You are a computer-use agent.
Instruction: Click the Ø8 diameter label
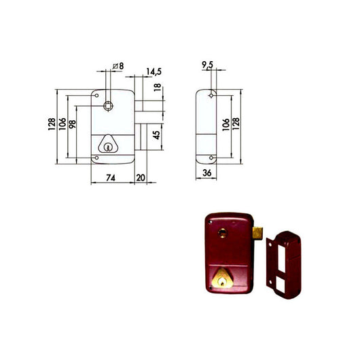point(118,66)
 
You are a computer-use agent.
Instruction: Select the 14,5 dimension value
point(152,70)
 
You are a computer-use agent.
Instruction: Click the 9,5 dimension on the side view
point(208,66)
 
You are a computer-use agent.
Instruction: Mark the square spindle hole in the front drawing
point(109,106)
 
